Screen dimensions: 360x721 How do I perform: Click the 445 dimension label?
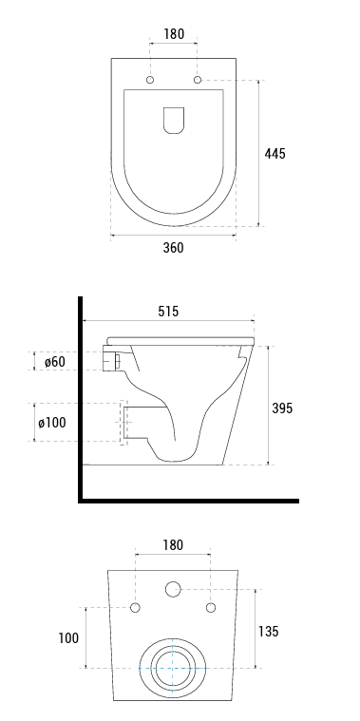pyautogui.click(x=275, y=154)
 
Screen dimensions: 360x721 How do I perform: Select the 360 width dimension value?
pyautogui.click(x=173, y=247)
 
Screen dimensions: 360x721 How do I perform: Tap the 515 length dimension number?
pyautogui.click(x=168, y=312)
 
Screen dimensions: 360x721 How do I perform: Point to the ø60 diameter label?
pyautogui.click(x=55, y=361)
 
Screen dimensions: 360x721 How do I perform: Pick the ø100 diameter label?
pyautogui.click(x=52, y=422)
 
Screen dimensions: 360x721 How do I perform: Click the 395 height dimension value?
pyautogui.click(x=282, y=408)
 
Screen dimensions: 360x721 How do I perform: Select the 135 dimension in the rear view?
pyautogui.click(x=268, y=632)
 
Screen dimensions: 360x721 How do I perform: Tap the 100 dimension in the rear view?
pyautogui.click(x=68, y=637)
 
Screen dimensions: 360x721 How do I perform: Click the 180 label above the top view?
pyautogui.click(x=174, y=34)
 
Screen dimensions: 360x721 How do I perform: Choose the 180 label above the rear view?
pyautogui.click(x=173, y=545)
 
